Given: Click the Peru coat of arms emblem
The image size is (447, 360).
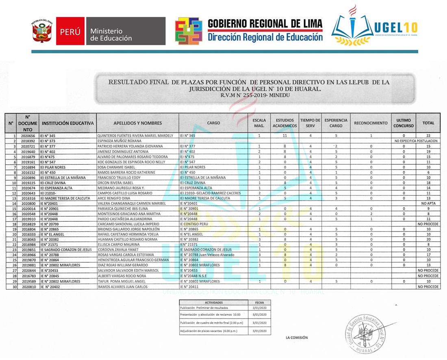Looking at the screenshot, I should [x=42, y=31].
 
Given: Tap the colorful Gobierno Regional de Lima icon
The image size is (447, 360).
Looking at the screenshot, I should [x=189, y=31].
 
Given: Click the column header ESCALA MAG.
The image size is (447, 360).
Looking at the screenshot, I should [x=259, y=123].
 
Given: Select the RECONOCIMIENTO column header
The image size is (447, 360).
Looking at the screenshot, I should [x=371, y=123].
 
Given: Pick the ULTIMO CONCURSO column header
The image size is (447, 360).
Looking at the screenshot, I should [x=404, y=123].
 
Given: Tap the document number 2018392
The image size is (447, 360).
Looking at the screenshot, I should [x=28, y=141].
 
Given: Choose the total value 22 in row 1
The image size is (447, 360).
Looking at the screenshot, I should [x=428, y=135].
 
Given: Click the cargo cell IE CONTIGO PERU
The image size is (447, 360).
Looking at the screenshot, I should [x=193, y=224].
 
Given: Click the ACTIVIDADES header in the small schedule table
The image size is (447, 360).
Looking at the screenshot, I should [x=214, y=303].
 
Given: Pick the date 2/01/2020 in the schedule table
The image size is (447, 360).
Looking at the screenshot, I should [x=259, y=308].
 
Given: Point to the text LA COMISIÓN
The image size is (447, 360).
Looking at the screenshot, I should [x=297, y=338].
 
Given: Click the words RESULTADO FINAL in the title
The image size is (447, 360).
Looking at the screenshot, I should [x=138, y=82].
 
